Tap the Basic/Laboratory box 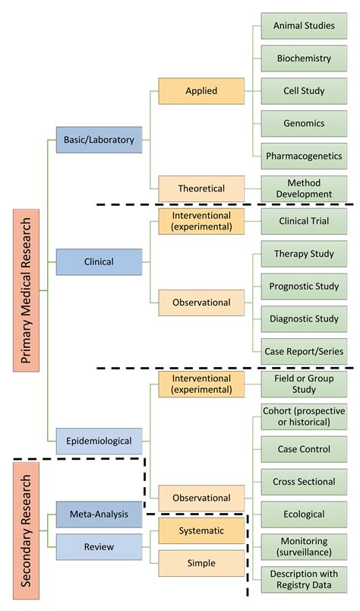click(x=99, y=140)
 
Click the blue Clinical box click(x=99, y=261)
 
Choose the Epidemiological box click(x=99, y=440)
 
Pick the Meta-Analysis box click(x=99, y=514)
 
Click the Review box click(x=99, y=546)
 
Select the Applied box click(x=201, y=90)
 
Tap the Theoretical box click(x=201, y=188)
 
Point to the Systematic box click(x=201, y=530)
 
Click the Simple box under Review click(x=201, y=563)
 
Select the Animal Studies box click(x=304, y=26)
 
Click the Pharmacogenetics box click(x=304, y=156)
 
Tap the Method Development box click(x=304, y=188)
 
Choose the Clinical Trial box click(x=304, y=221)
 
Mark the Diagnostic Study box click(x=304, y=319)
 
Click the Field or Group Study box click(x=304, y=384)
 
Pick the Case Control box click(x=304, y=449)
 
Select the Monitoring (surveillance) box click(x=304, y=546)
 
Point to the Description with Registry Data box click(x=304, y=579)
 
